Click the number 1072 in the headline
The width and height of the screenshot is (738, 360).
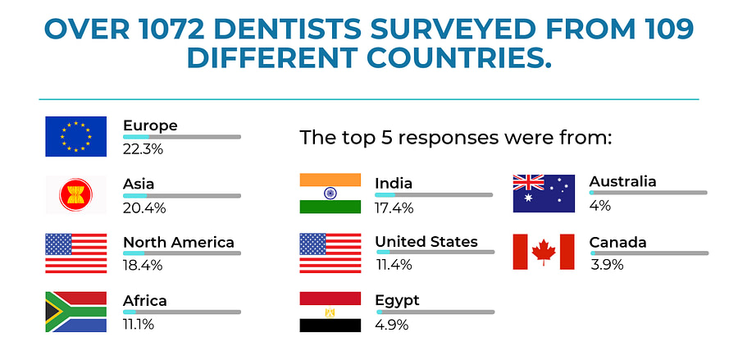[165, 30]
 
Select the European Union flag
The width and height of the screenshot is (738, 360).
[75, 136]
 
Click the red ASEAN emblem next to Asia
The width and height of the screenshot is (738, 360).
[75, 195]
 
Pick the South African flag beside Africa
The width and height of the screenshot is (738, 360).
[75, 312]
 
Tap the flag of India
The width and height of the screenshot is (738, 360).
[330, 194]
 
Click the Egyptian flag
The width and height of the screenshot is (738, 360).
[330, 312]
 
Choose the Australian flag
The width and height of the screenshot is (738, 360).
[544, 194]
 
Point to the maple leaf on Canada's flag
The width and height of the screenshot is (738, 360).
[544, 252]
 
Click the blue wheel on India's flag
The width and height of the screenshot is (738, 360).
[330, 193]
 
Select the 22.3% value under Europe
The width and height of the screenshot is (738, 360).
[143, 149]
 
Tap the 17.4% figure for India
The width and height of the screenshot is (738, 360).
[394, 207]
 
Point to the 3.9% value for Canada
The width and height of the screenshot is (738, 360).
[607, 265]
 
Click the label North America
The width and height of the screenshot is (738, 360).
[179, 243]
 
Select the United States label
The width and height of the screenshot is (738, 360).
[426, 242]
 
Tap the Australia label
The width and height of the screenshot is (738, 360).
[622, 182]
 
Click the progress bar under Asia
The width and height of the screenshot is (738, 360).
[182, 195]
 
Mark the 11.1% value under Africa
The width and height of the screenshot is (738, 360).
[139, 325]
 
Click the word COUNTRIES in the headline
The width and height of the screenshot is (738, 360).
[459, 57]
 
